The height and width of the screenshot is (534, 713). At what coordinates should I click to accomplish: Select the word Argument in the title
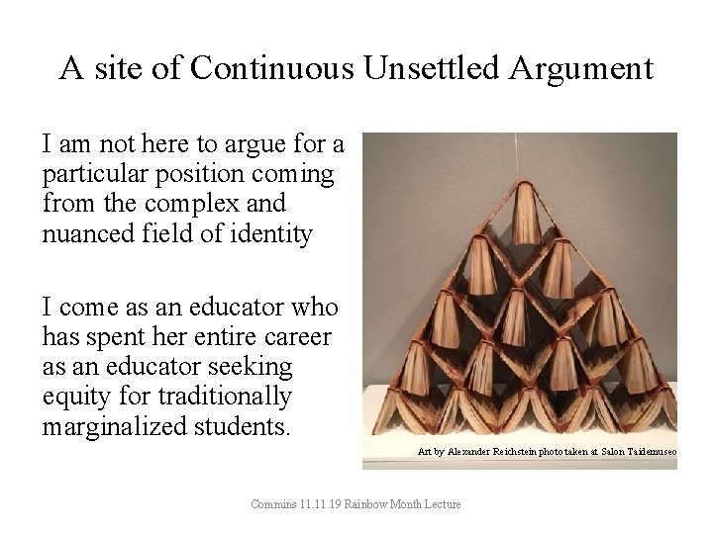click(x=583, y=68)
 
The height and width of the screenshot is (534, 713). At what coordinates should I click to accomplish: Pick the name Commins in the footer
click(x=272, y=504)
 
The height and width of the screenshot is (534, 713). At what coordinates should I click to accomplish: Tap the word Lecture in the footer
click(x=443, y=504)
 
